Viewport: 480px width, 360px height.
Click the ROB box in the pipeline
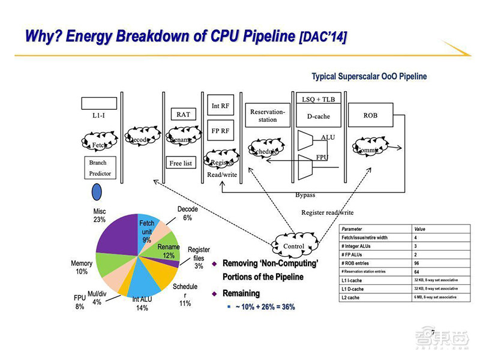click(370, 115)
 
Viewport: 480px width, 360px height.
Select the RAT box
click(183, 114)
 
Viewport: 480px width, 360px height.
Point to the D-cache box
click(319, 116)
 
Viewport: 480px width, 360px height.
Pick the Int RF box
click(220, 106)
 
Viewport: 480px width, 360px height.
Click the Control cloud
click(293, 246)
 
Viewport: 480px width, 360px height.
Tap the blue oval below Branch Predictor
click(96, 192)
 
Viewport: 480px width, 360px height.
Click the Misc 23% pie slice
click(117, 237)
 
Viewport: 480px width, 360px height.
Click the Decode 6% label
click(188, 214)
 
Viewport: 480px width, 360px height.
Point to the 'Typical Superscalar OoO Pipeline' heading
click(368, 76)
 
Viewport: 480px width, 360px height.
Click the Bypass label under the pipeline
click(305, 195)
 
